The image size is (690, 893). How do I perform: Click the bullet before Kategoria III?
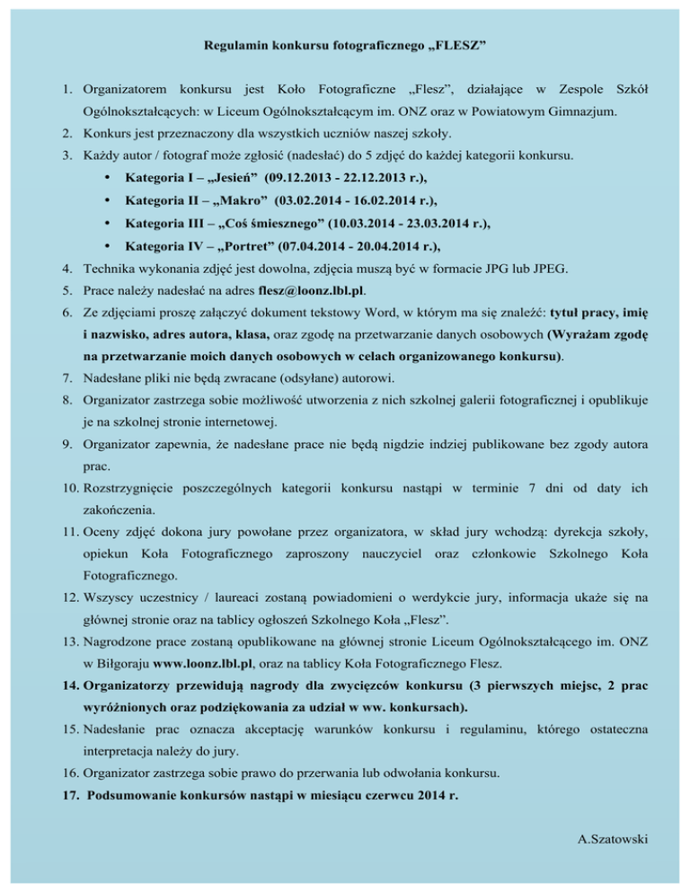108,225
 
